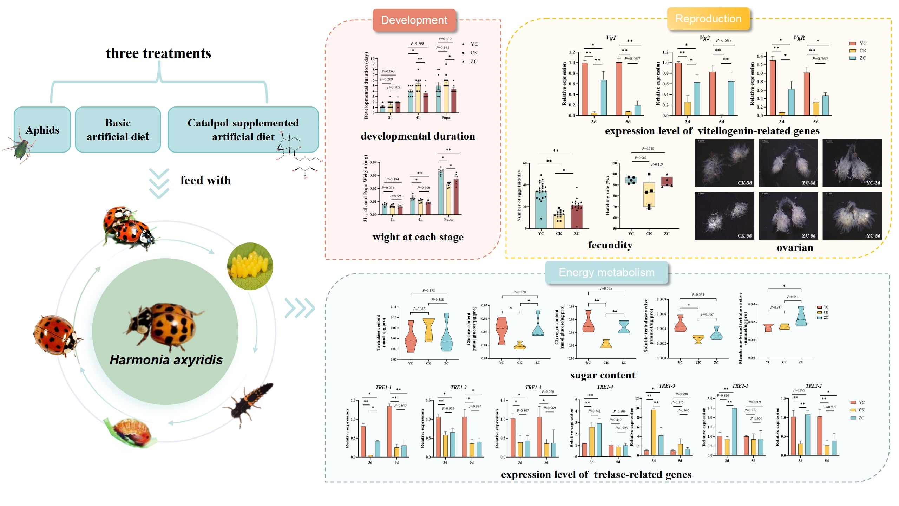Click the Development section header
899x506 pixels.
click(x=414, y=20)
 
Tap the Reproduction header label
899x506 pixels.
click(x=708, y=19)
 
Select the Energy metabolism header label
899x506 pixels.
click(x=606, y=272)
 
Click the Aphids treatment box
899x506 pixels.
click(x=42, y=130)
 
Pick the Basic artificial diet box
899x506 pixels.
click(x=118, y=130)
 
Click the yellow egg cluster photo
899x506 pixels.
click(x=250, y=266)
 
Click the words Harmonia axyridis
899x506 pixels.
click(x=166, y=360)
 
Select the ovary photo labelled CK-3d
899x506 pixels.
click(x=724, y=163)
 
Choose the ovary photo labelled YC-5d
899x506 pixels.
click(x=852, y=216)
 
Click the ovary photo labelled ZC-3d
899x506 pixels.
click(x=788, y=163)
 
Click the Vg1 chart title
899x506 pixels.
click(x=611, y=38)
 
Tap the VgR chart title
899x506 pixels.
click(x=799, y=38)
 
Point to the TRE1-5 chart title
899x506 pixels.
click(x=667, y=386)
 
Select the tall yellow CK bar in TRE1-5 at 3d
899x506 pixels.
click(x=654, y=432)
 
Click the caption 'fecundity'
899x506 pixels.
click(x=610, y=245)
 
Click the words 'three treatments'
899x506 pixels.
click(x=158, y=53)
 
